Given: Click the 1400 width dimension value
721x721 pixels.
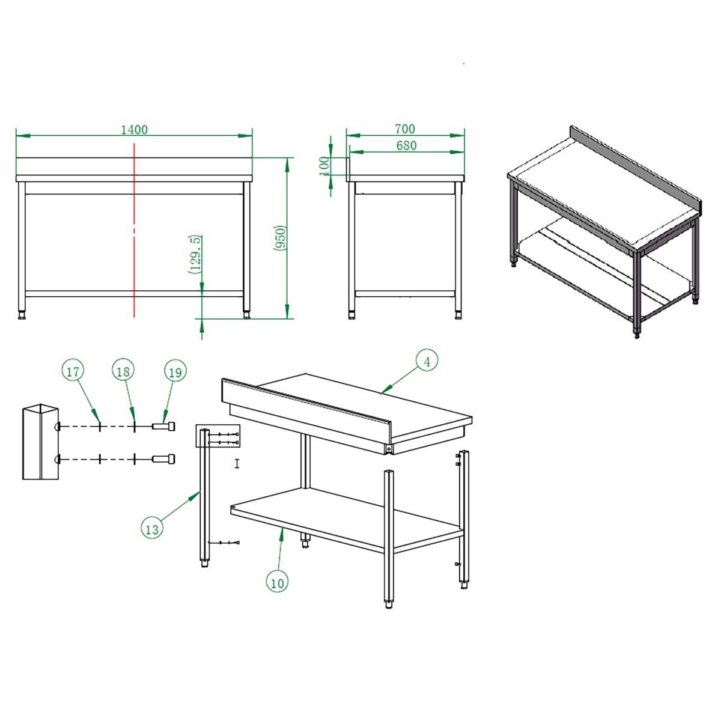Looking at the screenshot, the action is pyautogui.click(x=135, y=129).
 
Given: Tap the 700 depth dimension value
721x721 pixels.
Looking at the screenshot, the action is pyautogui.click(x=405, y=129).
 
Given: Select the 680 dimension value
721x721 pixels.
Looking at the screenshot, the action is pyautogui.click(x=406, y=145).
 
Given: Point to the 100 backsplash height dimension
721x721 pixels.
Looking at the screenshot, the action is pyautogui.click(x=324, y=165).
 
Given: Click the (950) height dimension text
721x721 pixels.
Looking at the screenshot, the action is pyautogui.click(x=280, y=238).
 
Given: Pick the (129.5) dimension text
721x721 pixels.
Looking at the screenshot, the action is pyautogui.click(x=196, y=255).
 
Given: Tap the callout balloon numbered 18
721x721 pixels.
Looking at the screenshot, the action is pyautogui.click(x=123, y=371).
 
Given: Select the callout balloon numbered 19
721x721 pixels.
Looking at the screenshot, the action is pyautogui.click(x=175, y=371).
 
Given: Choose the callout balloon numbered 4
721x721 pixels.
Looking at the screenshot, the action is pyautogui.click(x=427, y=361).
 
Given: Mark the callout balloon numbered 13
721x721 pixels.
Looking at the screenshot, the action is pyautogui.click(x=152, y=529).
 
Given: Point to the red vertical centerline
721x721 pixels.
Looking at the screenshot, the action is pyautogui.click(x=134, y=230).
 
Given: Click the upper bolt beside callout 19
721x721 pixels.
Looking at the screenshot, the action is pyautogui.click(x=163, y=426).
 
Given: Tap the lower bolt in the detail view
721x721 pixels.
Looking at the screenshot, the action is pyautogui.click(x=163, y=458).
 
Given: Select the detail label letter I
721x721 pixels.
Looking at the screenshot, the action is pyautogui.click(x=237, y=464).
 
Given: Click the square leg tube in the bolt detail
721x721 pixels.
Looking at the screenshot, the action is pyautogui.click(x=40, y=442).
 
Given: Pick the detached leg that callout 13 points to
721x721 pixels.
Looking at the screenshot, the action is pyautogui.click(x=204, y=498).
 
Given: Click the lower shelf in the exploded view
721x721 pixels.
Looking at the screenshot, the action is pyautogui.click(x=346, y=520).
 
